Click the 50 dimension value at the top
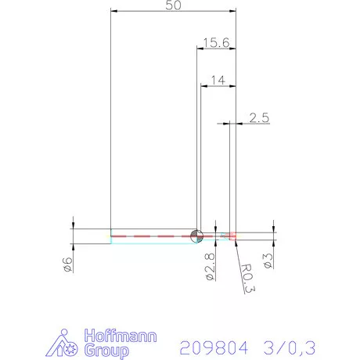point(174,5)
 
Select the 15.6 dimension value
point(215,43)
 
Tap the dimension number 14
point(218,80)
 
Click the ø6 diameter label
point(67,265)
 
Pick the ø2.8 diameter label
point(210,266)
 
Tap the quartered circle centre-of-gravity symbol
point(196,235)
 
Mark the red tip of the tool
point(232,235)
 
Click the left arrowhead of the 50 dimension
point(114,12)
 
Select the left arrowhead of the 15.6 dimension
point(199,49)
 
